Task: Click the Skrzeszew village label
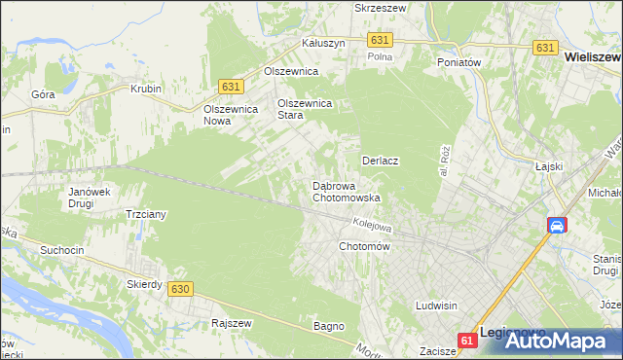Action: point(380,7)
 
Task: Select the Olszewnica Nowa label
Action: point(230,115)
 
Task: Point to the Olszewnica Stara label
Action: point(305,109)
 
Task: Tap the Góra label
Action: point(43,94)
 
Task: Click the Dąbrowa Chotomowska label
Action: point(345,192)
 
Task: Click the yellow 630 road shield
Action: point(178,289)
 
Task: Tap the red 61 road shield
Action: point(468,340)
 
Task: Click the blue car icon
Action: point(556,226)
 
